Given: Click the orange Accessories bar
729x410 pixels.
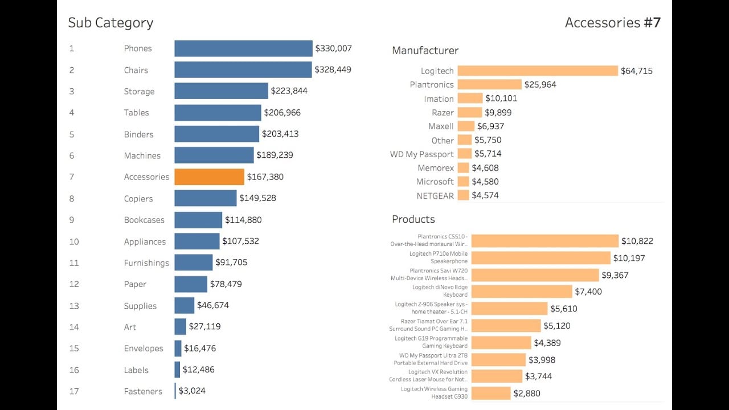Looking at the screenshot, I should (x=209, y=177).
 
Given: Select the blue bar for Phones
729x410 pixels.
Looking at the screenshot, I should (x=243, y=48).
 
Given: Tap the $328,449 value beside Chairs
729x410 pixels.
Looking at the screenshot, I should (x=333, y=69).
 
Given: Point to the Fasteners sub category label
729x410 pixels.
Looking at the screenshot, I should (x=143, y=391).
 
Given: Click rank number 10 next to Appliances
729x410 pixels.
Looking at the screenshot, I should (x=74, y=241).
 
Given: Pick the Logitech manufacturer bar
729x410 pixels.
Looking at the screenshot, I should (x=538, y=71).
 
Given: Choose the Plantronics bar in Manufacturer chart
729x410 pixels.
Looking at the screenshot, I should (x=489, y=84).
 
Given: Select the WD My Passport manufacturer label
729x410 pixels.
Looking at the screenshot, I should (x=421, y=154).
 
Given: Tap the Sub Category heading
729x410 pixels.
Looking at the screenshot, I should (x=110, y=23).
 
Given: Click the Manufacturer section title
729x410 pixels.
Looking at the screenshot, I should (x=425, y=50).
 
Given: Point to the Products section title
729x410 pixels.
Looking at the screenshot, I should (x=413, y=219).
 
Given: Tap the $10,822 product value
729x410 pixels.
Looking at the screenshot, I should (x=637, y=241).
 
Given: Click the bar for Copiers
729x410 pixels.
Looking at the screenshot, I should (x=205, y=198).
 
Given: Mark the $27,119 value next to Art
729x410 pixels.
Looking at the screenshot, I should (x=205, y=326).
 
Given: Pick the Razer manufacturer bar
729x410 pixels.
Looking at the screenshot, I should (x=470, y=112).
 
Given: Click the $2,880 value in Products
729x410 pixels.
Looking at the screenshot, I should (x=527, y=393).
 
